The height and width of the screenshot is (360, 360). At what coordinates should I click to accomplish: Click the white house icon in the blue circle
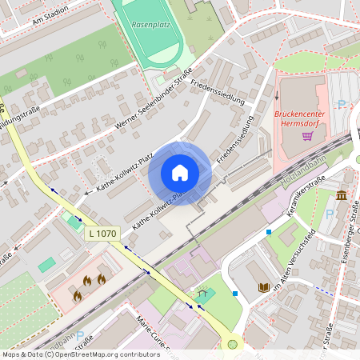180,173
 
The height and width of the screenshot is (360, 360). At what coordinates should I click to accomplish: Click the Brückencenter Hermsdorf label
303,118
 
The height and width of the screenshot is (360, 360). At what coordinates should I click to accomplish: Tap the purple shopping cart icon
307,135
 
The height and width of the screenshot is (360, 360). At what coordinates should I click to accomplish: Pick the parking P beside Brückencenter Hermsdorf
342,104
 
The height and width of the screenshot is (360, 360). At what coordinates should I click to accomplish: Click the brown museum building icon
342,195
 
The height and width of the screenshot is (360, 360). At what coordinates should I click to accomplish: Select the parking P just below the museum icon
330,214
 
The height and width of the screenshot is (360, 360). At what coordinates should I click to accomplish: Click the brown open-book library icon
263,287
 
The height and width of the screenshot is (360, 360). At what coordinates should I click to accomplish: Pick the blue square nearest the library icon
235,294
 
